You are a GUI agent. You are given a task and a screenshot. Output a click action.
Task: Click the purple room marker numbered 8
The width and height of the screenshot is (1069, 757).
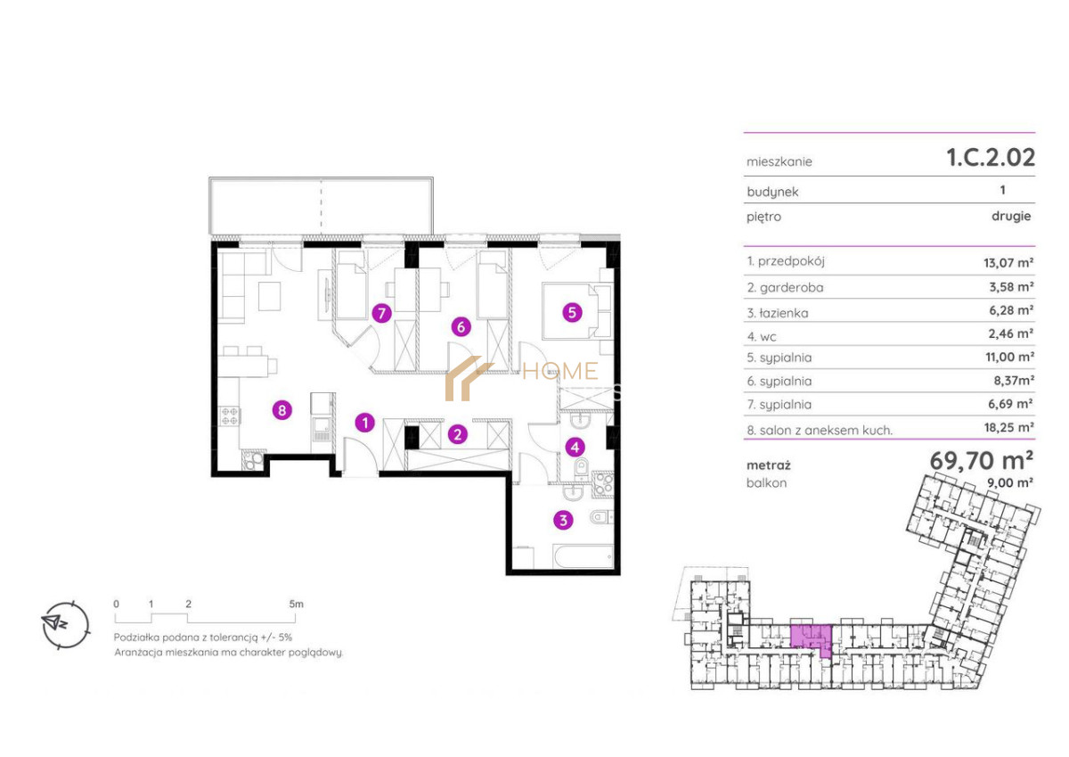(x=282, y=410)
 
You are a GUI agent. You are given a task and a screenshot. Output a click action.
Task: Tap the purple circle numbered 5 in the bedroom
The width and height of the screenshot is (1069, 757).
(x=572, y=313)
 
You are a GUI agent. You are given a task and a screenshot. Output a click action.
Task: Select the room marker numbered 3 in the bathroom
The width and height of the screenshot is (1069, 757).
(x=563, y=520)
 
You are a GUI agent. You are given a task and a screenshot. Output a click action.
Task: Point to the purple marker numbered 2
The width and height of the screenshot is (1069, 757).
(x=458, y=434)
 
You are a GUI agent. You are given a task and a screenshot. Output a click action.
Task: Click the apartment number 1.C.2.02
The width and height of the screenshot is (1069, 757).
(x=991, y=157)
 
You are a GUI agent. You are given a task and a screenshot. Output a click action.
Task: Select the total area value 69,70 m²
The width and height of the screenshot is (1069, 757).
(x=982, y=460)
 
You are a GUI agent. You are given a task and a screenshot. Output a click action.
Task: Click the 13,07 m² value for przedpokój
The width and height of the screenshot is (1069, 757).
(x=1008, y=262)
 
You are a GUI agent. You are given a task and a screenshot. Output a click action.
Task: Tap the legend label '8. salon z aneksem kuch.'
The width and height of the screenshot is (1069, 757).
(x=820, y=431)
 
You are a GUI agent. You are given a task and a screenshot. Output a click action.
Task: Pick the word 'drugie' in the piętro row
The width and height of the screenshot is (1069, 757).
(x=1011, y=216)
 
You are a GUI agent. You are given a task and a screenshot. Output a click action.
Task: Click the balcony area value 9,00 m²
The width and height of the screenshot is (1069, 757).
(x=1010, y=482)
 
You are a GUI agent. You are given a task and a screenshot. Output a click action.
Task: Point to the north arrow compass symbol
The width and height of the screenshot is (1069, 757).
(x=66, y=624)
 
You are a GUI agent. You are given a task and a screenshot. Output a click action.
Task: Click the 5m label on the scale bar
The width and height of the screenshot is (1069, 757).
(x=296, y=604)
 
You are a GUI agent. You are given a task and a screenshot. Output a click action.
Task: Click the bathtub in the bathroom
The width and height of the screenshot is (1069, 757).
(x=583, y=556)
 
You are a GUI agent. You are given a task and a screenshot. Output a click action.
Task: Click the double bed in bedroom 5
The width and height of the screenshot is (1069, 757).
(x=577, y=311)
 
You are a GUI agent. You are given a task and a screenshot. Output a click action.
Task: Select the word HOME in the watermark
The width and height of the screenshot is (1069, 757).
(x=560, y=371)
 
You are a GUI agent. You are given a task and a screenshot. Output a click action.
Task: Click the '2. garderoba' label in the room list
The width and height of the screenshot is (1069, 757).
(x=785, y=287)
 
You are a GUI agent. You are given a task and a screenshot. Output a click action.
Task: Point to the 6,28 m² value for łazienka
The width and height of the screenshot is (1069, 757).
(x=1011, y=310)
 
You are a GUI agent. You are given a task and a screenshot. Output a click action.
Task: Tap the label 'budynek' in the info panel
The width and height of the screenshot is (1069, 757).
(x=772, y=192)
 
